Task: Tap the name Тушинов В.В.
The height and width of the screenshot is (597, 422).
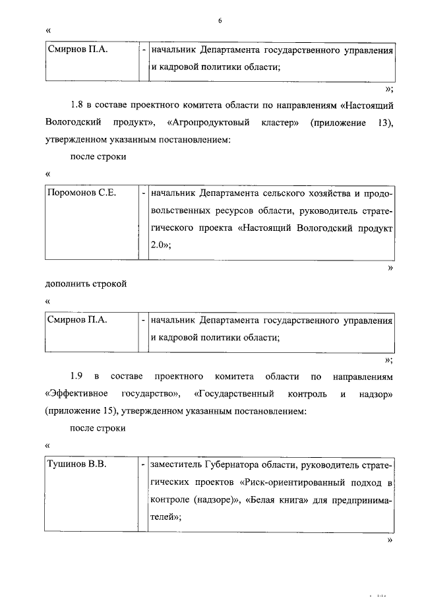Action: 76,464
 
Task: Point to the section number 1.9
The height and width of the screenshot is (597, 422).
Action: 76,377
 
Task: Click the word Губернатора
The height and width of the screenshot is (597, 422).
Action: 226,465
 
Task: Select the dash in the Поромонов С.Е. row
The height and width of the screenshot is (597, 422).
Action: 143,193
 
